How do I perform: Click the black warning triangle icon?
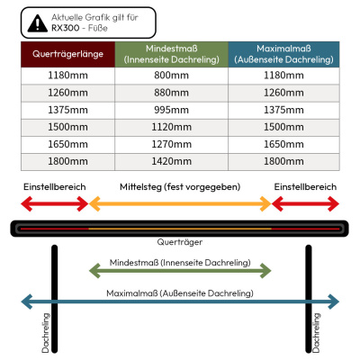38,23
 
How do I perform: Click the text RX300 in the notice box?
66,28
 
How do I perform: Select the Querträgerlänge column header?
67,54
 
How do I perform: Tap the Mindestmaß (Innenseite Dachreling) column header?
172,54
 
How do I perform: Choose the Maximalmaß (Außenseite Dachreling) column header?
283,54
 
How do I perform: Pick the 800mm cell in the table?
172,76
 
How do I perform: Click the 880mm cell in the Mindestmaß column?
172,93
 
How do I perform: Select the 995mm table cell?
172,110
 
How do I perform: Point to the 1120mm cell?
172,127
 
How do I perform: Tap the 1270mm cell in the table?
172,144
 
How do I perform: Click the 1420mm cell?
172,162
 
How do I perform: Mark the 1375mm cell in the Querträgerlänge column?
67,110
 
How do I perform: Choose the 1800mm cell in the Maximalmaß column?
283,162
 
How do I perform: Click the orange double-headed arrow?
180,204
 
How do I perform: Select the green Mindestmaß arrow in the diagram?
180,271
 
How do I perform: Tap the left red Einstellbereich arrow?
55,204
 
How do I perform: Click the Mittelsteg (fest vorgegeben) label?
180,187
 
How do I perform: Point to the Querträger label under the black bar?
180,242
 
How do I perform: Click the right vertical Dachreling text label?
316,333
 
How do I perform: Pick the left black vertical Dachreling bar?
54,299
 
